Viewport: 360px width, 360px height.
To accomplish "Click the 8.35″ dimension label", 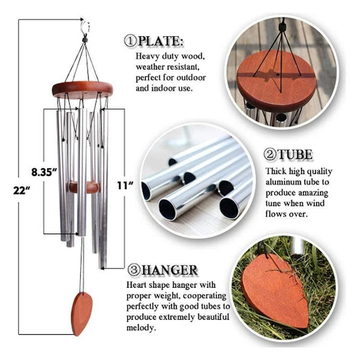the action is point(44,172).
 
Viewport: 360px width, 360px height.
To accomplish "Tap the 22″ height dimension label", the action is point(21,190).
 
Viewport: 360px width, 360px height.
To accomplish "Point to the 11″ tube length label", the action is point(125,185).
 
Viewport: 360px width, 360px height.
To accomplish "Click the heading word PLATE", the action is point(160,41).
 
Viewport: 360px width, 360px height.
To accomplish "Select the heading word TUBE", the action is point(295,154).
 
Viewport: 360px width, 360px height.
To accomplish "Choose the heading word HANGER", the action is point(169,270).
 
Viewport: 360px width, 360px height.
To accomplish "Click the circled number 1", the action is point(130,41).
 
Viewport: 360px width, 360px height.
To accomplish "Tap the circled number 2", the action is point(270,154).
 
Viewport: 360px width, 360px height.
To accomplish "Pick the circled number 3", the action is point(134,270).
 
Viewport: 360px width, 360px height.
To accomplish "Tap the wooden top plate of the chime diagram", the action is point(82,89).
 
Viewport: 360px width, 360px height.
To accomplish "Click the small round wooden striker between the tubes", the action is point(84,187).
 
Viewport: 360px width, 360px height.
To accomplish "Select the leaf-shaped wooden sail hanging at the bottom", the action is point(82,313).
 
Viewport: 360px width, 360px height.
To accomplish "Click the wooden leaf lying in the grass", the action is point(275,289).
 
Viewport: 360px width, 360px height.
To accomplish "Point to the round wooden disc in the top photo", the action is point(276,82).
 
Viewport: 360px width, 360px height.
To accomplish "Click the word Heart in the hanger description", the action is point(136,285).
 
